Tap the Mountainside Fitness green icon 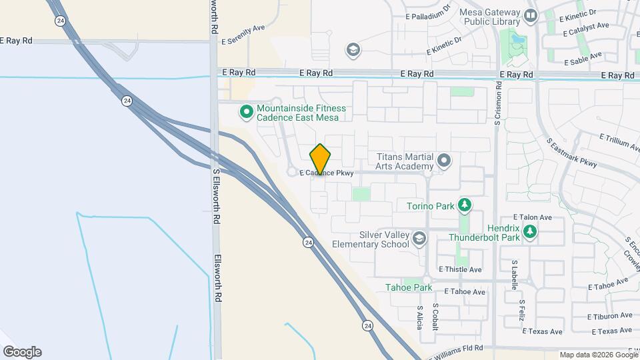pos(246,112)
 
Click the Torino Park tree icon pos(465,205)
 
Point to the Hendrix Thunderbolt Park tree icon pos(529,231)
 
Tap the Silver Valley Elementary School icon pos(419,239)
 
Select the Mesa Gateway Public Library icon pos(531,15)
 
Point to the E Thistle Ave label pos(460,269)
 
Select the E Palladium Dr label pos(428,15)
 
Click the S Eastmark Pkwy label pos(571,153)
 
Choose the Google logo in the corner pos(22,352)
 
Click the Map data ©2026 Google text pos(598,355)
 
